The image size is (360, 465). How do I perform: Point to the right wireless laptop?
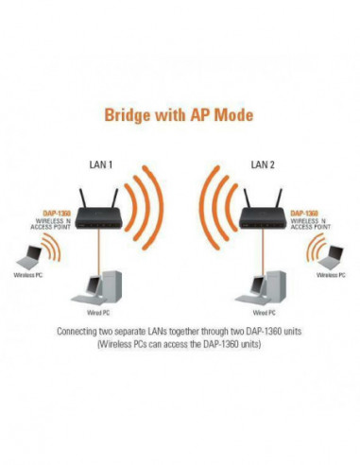(331, 254)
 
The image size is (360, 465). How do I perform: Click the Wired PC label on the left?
(89, 311)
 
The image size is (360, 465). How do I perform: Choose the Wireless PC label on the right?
(332, 275)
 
